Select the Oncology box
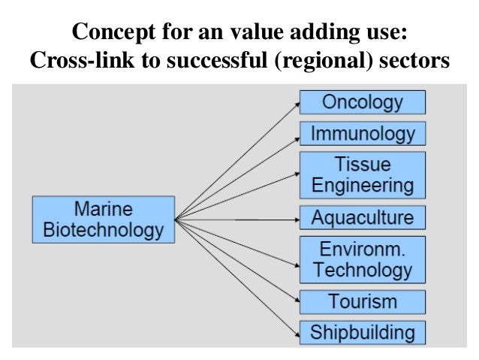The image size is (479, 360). click(x=363, y=102)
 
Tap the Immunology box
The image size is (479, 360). click(x=363, y=135)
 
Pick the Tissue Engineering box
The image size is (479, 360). click(x=363, y=174)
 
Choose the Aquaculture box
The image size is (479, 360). click(x=363, y=219)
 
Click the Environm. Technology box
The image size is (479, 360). click(x=363, y=259)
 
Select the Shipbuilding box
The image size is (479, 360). click(x=363, y=331)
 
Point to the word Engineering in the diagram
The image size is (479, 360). click(x=363, y=185)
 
